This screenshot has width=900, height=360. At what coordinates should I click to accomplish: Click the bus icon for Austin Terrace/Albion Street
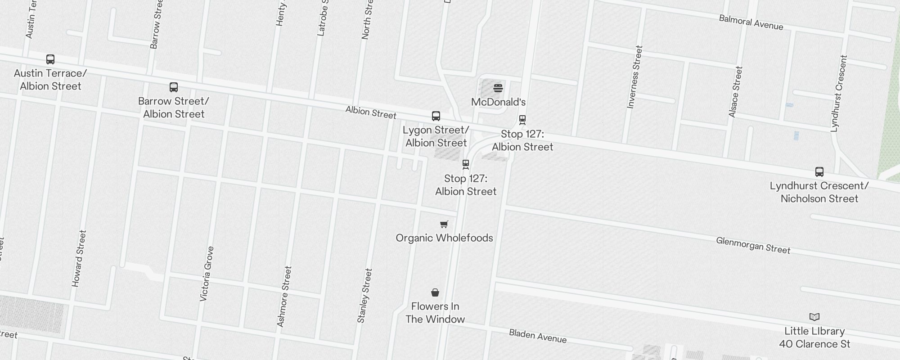[50, 59]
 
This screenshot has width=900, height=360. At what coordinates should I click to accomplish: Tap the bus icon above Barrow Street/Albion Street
[174, 87]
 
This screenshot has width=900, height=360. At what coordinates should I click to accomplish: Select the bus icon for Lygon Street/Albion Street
[436, 116]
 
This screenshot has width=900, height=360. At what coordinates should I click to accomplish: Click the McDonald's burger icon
[498, 88]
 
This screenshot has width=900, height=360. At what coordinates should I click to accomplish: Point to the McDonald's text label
[498, 102]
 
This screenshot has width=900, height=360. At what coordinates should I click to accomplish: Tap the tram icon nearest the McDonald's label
[522, 120]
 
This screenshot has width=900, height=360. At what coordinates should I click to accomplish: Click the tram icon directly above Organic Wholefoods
[466, 165]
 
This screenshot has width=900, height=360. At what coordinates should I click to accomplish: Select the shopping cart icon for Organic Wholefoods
[444, 224]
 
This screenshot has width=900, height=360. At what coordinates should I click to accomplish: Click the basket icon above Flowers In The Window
[435, 293]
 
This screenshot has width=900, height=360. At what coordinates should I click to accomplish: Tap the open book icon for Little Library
[814, 317]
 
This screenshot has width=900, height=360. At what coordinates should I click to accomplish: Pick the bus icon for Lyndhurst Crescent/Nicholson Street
[819, 172]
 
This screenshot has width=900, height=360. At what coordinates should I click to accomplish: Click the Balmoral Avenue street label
[751, 22]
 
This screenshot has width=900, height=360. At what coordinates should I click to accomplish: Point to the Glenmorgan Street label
[753, 246]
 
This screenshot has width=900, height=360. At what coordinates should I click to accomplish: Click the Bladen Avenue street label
[537, 336]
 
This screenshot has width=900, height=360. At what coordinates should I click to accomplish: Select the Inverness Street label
[635, 77]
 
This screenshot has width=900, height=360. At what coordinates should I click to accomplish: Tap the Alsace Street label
[736, 92]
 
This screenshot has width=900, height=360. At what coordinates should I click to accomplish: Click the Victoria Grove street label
[207, 274]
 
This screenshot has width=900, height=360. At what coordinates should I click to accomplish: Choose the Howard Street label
[79, 258]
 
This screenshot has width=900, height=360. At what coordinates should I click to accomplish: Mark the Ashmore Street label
[284, 296]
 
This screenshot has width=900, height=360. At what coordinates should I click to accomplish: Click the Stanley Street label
[364, 296]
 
